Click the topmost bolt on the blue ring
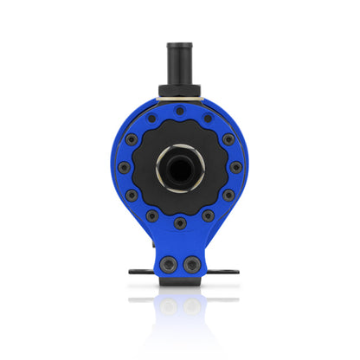point(179,112)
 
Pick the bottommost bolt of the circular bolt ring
point(179,223)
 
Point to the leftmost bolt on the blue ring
point(124,167)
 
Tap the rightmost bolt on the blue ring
point(235,167)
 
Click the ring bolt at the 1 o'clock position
point(208,119)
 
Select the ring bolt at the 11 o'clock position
point(151,119)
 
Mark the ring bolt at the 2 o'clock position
point(228,139)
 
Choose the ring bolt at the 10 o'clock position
point(132,139)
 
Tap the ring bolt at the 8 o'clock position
point(132,196)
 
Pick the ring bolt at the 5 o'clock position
point(208,215)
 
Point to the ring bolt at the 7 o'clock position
point(151,215)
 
